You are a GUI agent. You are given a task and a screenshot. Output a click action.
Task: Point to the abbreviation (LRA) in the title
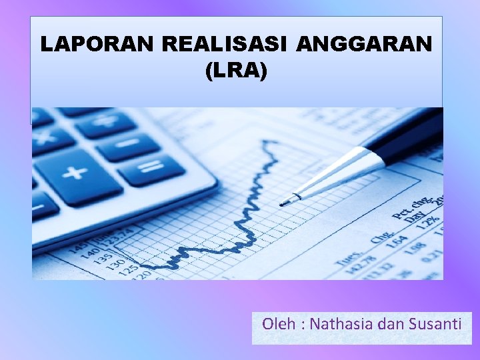(x=237, y=70)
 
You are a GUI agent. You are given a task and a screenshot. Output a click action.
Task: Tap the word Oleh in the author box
(x=279, y=325)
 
